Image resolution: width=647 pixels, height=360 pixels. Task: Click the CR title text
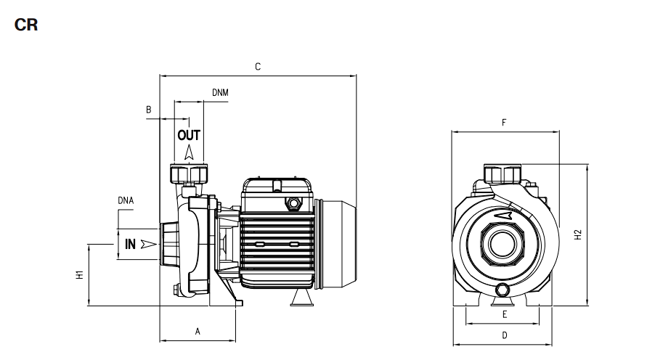(x=26, y=25)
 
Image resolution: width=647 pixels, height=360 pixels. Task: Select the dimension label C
(x=258, y=67)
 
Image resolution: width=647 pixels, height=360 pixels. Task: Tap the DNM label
(x=220, y=92)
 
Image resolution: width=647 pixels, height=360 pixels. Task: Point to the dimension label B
(x=149, y=110)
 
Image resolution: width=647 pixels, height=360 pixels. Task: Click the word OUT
(x=189, y=135)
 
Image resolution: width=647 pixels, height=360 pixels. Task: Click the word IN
(x=131, y=244)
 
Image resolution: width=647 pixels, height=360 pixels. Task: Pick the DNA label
(x=126, y=200)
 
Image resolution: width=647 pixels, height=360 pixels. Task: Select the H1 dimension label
(x=80, y=274)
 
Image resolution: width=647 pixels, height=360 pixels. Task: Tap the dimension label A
(x=198, y=332)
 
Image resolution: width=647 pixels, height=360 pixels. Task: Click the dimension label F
(x=504, y=123)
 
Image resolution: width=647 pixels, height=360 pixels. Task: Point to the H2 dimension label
(x=578, y=234)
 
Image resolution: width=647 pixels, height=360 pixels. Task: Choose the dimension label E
(x=505, y=315)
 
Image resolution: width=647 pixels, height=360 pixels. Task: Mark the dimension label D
(x=505, y=335)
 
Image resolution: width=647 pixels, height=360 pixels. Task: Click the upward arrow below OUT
(x=189, y=152)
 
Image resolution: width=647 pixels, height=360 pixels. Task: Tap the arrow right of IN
(x=149, y=244)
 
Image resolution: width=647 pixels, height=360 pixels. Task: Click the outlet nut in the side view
(x=189, y=173)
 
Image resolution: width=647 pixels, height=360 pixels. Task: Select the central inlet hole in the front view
(x=502, y=243)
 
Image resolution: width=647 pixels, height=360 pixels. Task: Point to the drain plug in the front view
(x=502, y=290)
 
